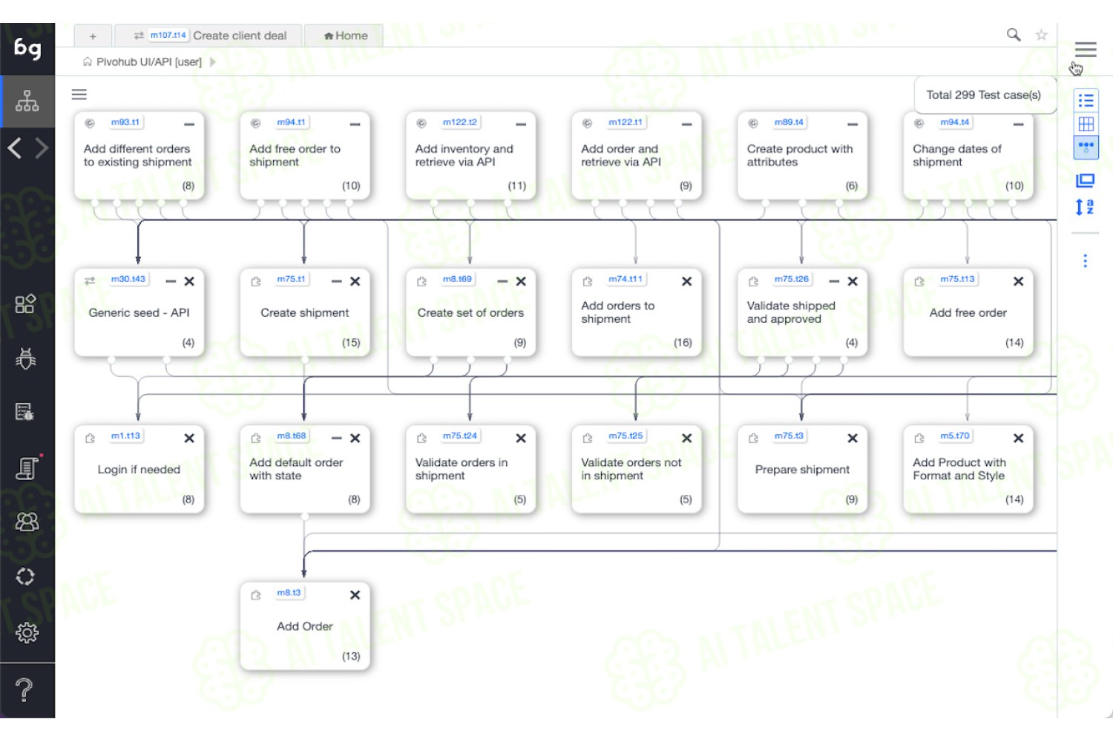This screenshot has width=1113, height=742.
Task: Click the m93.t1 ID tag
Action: click(125, 122)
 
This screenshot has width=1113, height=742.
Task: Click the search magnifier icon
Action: click(1013, 35)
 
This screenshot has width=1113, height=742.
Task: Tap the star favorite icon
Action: click(1042, 35)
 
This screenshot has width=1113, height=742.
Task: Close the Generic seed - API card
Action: click(189, 281)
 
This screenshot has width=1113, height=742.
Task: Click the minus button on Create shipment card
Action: click(336, 281)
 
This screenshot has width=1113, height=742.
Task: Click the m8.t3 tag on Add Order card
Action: click(289, 593)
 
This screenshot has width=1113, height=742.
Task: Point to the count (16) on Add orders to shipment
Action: click(683, 342)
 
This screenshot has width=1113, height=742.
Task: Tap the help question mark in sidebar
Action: click(24, 690)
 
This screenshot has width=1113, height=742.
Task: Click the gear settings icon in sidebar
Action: click(26, 633)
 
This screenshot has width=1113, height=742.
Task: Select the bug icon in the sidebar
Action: click(26, 358)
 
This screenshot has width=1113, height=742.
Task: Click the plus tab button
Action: click(93, 36)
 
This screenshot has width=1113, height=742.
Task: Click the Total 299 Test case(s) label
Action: click(983, 95)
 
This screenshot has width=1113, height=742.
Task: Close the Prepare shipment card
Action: click(853, 439)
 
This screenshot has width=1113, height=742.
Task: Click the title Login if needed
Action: click(139, 469)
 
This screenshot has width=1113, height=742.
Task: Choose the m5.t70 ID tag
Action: click(954, 436)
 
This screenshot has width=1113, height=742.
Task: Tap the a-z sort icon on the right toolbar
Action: click(1085, 207)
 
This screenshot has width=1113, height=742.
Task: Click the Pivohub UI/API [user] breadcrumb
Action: click(148, 62)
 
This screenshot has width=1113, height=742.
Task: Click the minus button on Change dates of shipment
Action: click(1018, 124)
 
